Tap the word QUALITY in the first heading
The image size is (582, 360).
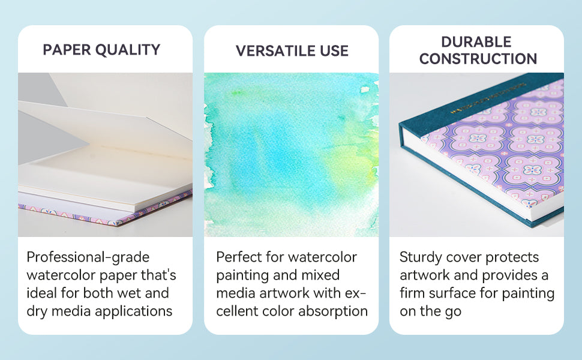(x=128, y=50)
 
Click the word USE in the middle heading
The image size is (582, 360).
(x=334, y=51)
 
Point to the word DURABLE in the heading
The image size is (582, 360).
(x=476, y=42)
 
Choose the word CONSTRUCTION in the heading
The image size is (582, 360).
(x=478, y=59)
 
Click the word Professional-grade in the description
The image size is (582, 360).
(x=88, y=257)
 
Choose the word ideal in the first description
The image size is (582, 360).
(x=42, y=293)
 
